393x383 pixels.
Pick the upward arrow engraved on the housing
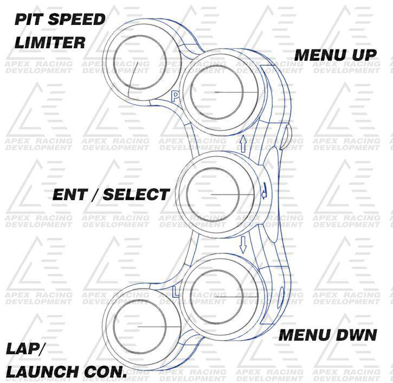243,142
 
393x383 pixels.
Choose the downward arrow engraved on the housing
243,244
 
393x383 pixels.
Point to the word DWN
353,335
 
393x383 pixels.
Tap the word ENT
70,195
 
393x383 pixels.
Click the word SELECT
136,195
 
